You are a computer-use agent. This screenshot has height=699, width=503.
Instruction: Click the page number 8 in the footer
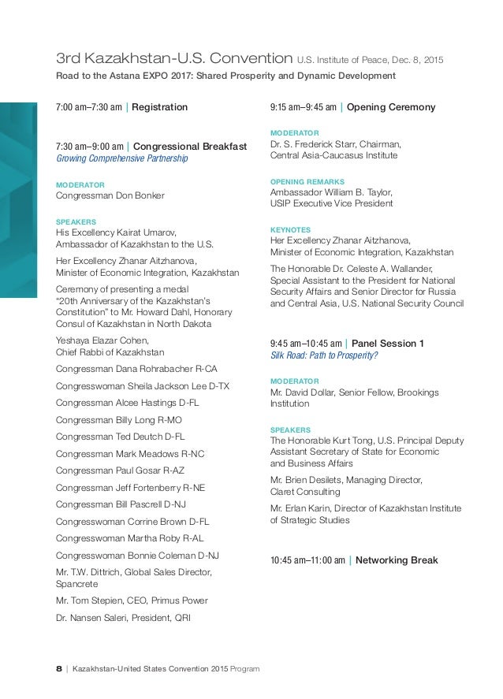59,669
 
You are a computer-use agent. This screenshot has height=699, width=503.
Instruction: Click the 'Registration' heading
159,106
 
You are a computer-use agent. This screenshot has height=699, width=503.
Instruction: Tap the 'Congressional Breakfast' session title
189,146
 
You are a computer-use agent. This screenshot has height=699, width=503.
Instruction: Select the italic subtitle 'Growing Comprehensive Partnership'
121,158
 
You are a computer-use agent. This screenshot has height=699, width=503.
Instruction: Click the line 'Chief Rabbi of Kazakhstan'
110,351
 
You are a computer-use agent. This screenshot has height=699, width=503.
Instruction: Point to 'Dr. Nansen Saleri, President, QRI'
123,618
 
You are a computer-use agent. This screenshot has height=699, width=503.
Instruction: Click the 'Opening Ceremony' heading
391,106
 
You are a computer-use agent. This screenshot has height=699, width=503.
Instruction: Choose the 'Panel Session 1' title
387,343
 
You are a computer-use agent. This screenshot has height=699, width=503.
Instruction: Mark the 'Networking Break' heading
397,560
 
